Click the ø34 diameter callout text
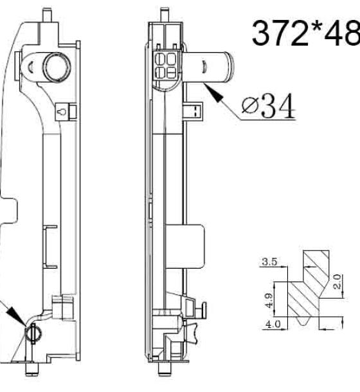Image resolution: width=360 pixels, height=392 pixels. (x=269, y=106)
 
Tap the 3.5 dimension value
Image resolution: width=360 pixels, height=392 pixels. (x=270, y=262)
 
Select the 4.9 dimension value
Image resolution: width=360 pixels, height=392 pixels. (x=269, y=301)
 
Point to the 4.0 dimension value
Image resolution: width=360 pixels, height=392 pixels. (x=273, y=325)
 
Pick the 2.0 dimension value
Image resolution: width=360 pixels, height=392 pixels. (x=337, y=281)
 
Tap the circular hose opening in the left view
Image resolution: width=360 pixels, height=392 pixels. (x=57, y=67)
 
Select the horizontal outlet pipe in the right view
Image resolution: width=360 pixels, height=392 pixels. (x=208, y=67)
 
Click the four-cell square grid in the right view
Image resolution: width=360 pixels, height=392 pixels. (x=166, y=66)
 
